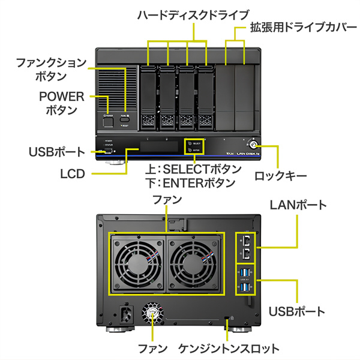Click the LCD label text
[73, 174]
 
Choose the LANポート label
[299, 205]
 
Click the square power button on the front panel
[109, 122]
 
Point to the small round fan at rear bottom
[151, 314]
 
